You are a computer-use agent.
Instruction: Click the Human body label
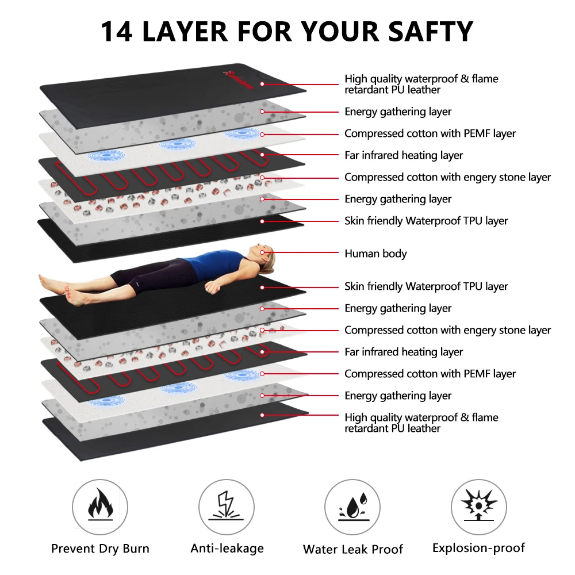tap(375, 254)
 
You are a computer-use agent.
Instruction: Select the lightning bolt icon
tap(227, 506)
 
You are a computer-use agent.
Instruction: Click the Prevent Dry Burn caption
tap(100, 549)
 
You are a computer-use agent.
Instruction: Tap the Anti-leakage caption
tap(227, 549)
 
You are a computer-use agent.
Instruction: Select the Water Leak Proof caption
tap(353, 549)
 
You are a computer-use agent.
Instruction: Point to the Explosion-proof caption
tap(478, 548)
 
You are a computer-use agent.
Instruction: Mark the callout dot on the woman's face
tap(262, 252)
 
